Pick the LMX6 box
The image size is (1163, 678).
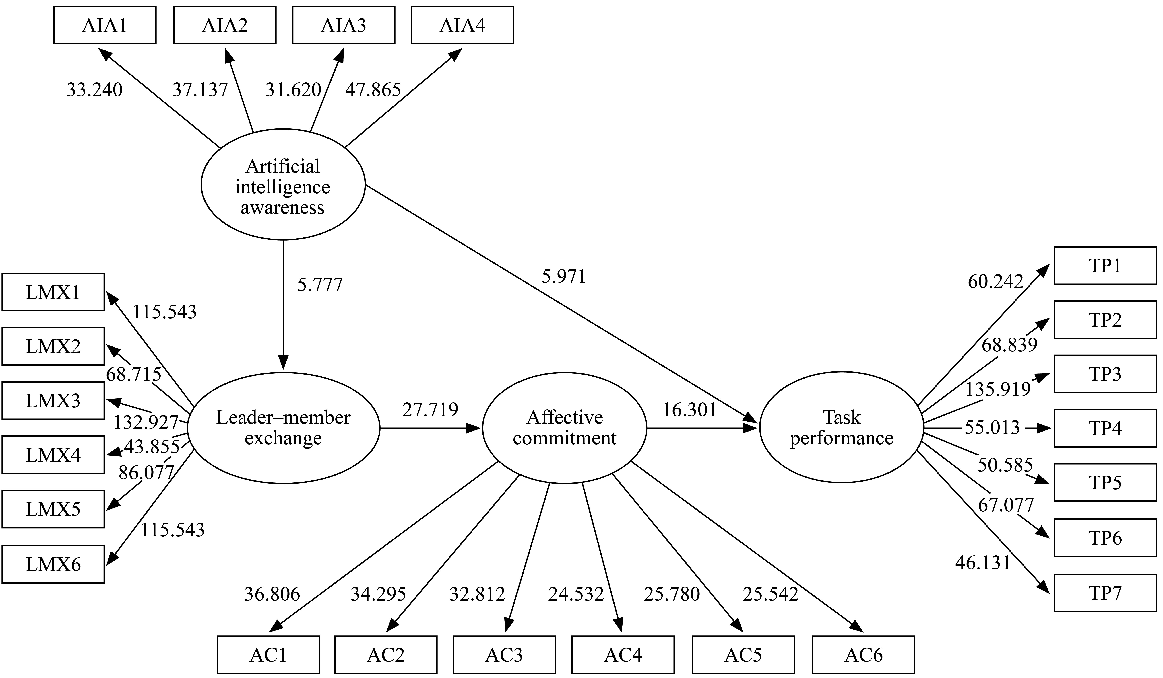click(53, 564)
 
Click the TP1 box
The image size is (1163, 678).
click(1105, 266)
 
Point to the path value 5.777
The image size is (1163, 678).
click(320, 285)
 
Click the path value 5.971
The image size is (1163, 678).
click(564, 276)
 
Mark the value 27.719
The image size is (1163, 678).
click(430, 409)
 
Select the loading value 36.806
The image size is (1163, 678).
click(272, 594)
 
